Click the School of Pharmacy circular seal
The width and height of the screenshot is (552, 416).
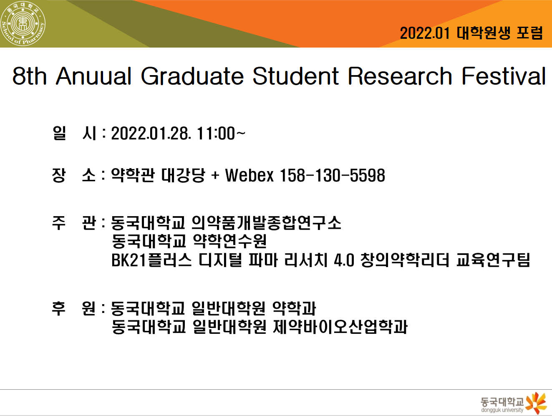(x=23, y=24)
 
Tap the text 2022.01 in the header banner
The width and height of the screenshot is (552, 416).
(x=424, y=33)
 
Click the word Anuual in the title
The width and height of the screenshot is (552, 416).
(x=94, y=76)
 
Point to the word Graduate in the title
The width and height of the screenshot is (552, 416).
(x=192, y=76)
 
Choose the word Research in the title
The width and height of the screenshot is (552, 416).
(x=400, y=76)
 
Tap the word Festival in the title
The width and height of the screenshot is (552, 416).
(x=504, y=76)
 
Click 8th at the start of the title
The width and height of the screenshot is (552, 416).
(x=30, y=76)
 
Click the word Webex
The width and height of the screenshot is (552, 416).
(x=249, y=175)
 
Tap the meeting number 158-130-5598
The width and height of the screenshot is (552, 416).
(x=332, y=175)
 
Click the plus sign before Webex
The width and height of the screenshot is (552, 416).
(x=215, y=176)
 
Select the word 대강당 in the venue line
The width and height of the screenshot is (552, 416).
(x=183, y=175)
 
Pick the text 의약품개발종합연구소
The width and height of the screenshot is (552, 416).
(x=266, y=223)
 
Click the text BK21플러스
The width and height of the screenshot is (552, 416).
(x=151, y=260)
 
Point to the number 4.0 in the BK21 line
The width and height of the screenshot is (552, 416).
(x=344, y=260)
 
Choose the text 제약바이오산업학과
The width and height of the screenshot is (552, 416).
(x=340, y=327)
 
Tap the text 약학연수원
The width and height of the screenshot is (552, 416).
(x=229, y=241)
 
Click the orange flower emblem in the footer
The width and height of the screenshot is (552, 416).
(x=536, y=403)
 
